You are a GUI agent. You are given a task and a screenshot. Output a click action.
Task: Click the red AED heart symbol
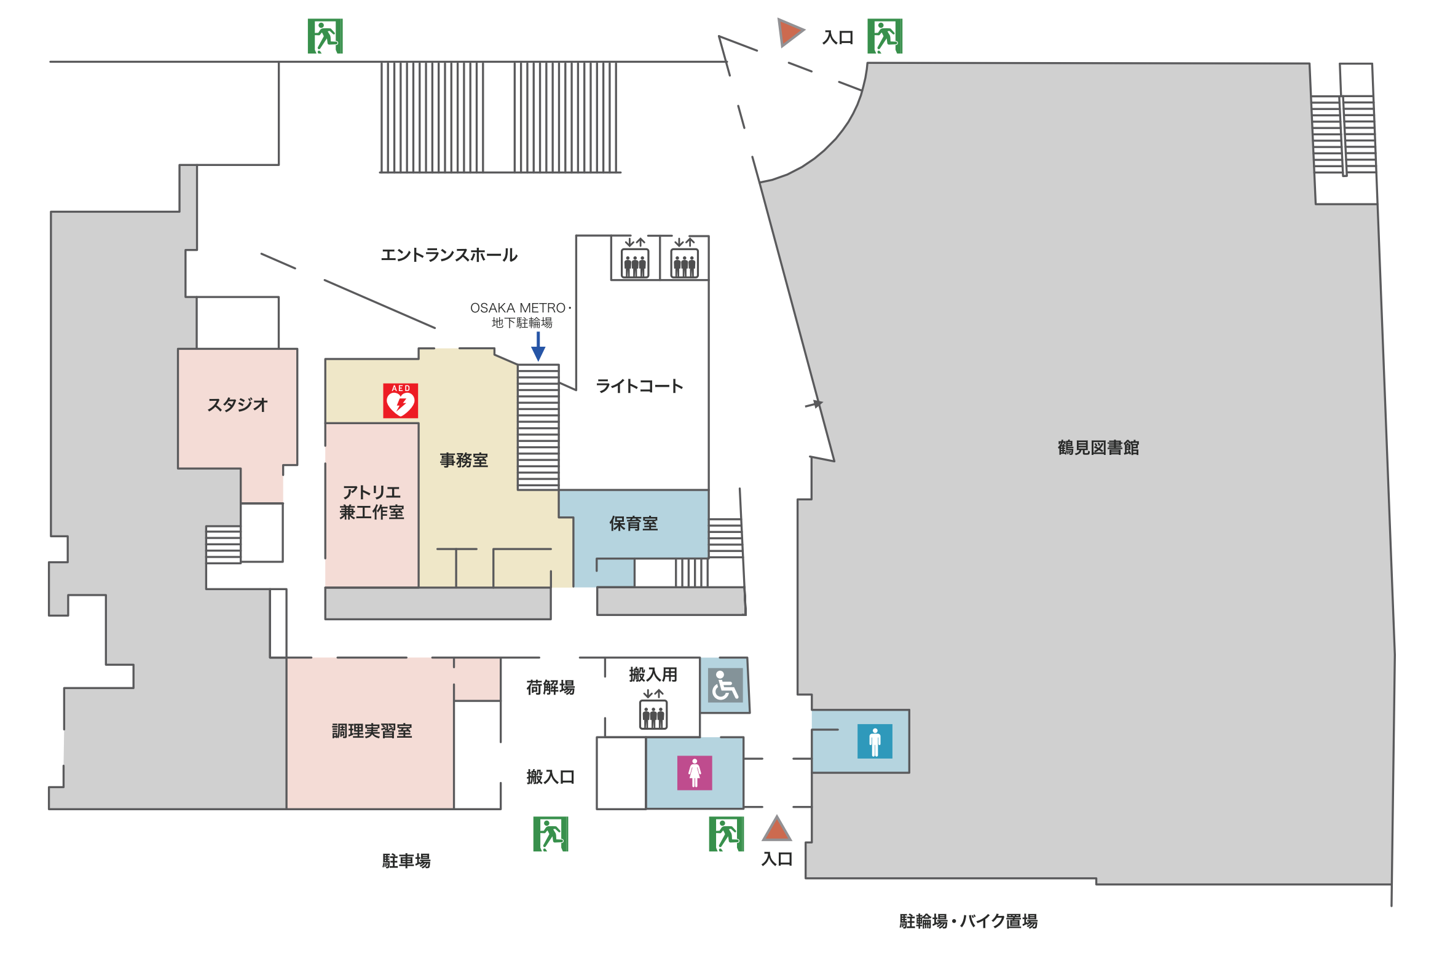point(401,401)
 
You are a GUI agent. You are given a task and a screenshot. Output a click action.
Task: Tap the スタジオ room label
point(237,405)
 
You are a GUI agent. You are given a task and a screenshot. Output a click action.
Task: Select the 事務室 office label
point(463,460)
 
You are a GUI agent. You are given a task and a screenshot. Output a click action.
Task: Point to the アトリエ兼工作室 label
point(372,502)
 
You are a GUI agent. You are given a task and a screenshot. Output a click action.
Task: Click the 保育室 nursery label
point(633,524)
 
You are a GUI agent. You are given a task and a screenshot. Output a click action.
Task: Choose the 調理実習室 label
point(372,731)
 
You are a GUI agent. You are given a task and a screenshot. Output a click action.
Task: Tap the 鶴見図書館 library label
point(1098,448)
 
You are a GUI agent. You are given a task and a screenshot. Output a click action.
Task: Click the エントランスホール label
point(449,255)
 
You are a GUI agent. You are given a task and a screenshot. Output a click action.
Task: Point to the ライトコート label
point(639,386)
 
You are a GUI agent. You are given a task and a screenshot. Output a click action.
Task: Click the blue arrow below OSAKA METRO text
point(538,347)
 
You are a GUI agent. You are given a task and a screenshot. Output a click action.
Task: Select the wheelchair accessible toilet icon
point(725,685)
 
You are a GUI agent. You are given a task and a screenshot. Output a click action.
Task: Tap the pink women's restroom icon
point(695,773)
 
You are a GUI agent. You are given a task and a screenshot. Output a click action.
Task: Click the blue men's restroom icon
point(875,741)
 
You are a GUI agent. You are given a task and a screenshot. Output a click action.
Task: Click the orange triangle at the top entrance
point(789,33)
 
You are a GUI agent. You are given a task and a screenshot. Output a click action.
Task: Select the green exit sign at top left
point(325,36)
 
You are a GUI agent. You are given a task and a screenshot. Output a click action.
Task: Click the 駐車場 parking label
point(406,861)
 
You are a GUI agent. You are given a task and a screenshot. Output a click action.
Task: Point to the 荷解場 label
point(550,687)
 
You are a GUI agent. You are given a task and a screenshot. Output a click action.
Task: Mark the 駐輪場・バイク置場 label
point(968,921)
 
